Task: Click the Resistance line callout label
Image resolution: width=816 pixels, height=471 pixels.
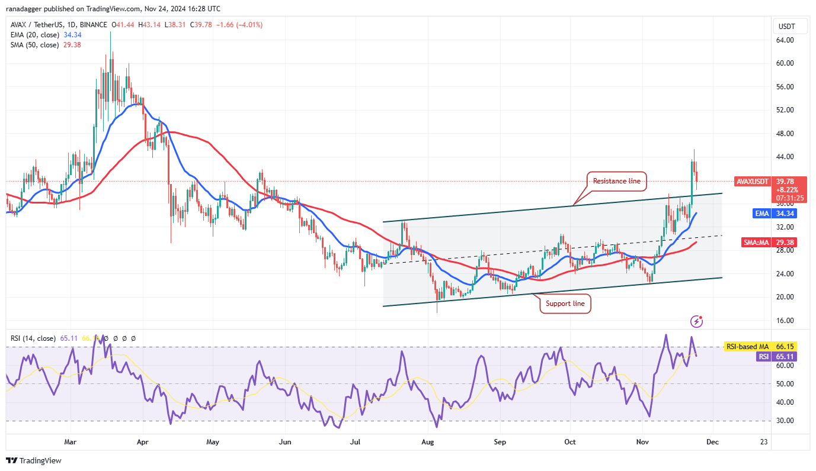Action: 616,181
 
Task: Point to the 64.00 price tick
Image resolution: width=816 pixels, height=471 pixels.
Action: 785,40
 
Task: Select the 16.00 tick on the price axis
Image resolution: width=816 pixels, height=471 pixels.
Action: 785,321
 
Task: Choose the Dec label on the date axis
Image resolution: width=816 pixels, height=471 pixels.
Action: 713,442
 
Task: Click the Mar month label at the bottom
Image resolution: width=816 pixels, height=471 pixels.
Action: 71,442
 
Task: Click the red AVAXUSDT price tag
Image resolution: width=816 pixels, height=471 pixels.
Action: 752,182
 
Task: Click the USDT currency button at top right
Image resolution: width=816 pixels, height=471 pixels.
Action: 787,26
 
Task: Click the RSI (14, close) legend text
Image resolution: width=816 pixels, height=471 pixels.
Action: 33,338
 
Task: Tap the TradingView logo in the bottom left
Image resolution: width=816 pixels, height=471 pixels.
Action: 34,460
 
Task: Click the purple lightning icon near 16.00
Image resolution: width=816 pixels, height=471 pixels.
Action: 697,321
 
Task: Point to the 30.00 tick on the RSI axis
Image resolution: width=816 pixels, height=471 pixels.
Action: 785,421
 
